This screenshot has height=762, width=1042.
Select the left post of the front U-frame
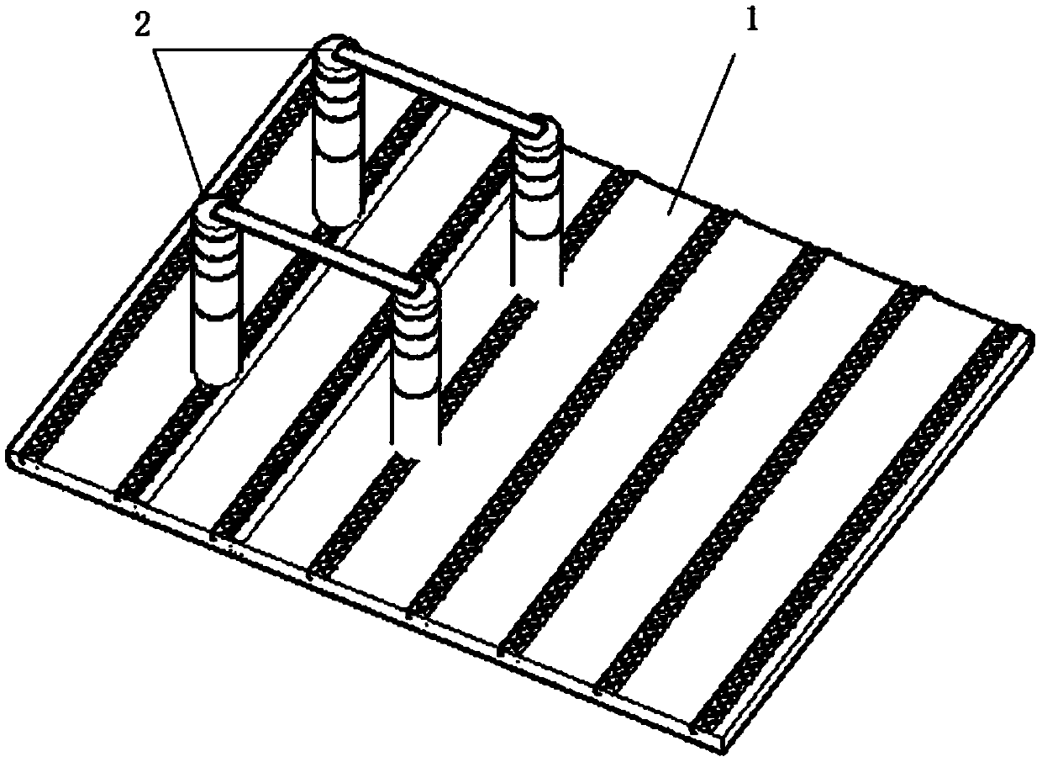pos(217,294)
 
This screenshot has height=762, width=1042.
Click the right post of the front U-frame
pos(416,353)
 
